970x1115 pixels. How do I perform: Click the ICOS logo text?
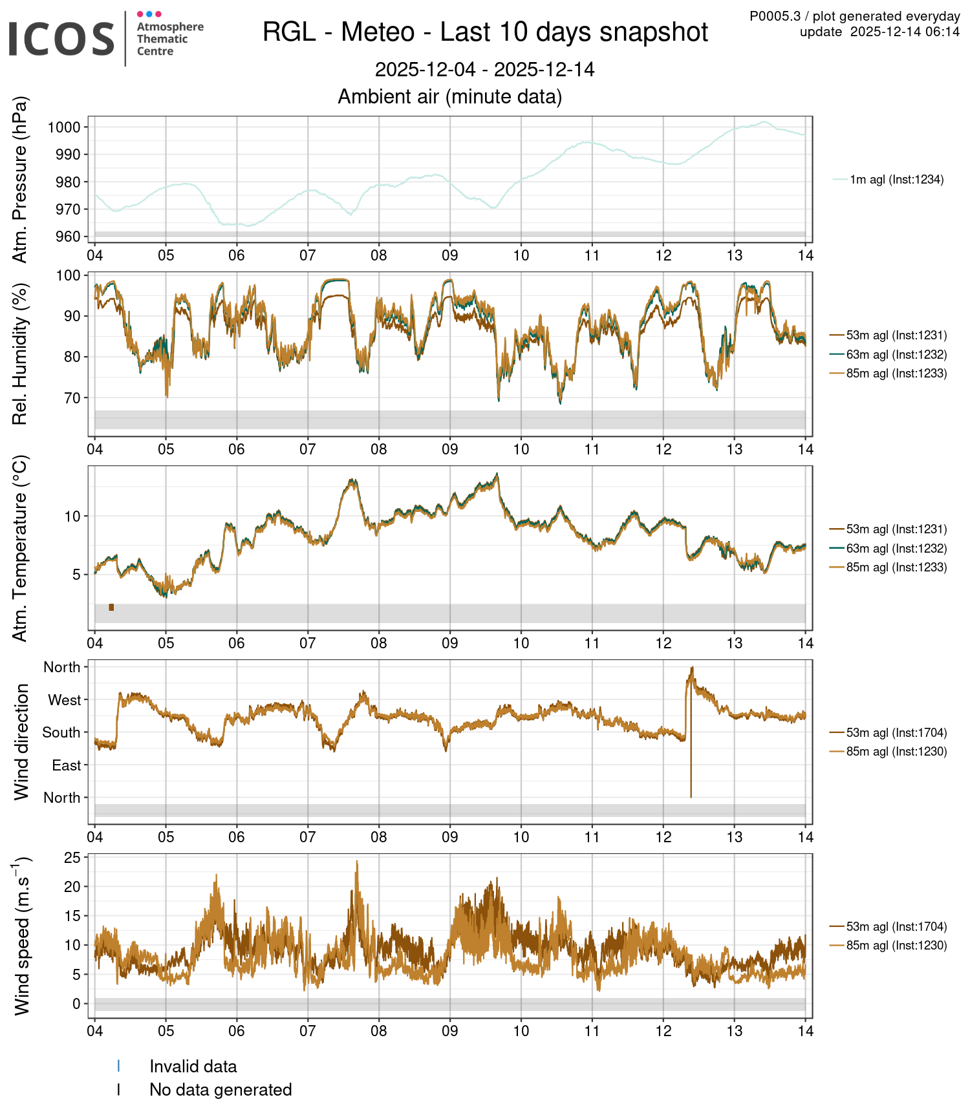(61, 38)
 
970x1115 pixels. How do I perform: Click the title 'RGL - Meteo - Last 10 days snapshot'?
(485, 32)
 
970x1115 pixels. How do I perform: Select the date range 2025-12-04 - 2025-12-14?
(485, 70)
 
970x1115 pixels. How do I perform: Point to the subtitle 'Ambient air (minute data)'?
(450, 97)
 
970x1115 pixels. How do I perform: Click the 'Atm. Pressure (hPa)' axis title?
(21, 180)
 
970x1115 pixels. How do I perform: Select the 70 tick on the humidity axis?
(72, 398)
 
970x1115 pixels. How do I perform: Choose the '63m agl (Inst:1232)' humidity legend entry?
(896, 354)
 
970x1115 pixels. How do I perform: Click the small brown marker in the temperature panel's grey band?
(111, 607)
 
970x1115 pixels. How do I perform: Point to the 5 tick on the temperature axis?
(76, 575)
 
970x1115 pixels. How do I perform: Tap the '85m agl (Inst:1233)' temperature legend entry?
(896, 567)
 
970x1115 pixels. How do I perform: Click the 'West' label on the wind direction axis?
(65, 700)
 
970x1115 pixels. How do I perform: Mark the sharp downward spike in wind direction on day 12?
(691, 776)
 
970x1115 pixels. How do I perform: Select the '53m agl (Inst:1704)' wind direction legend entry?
(896, 732)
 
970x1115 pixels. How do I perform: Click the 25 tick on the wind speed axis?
(72, 858)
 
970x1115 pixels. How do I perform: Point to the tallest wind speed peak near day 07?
(356, 864)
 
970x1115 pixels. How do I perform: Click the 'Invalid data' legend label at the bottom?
(193, 1067)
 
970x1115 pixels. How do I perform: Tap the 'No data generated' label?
(221, 1090)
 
